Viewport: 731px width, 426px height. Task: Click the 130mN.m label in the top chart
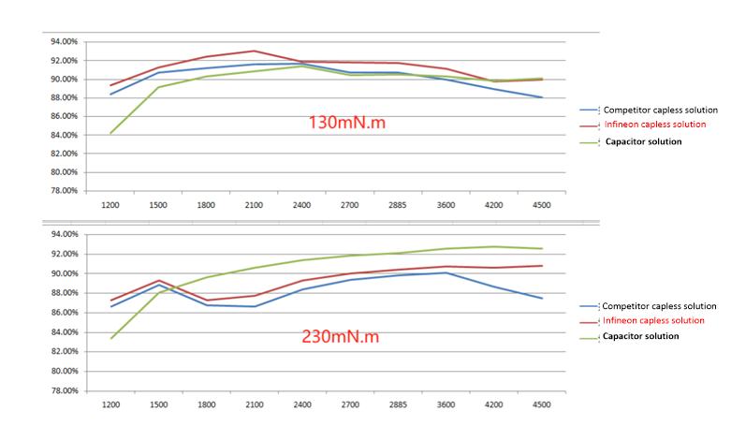pyautogui.click(x=347, y=122)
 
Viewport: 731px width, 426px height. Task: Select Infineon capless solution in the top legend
pyautogui.click(x=655, y=125)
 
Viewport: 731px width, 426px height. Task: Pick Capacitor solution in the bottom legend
pyautogui.click(x=641, y=335)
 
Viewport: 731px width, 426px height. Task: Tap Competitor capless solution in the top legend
pyautogui.click(x=661, y=110)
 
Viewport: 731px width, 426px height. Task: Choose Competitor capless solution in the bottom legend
pyautogui.click(x=659, y=306)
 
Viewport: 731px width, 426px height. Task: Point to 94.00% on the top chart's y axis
pyautogui.click(x=64, y=41)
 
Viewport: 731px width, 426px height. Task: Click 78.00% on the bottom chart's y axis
pyautogui.click(x=64, y=390)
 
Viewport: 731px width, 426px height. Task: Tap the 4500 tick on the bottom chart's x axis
pyautogui.click(x=541, y=404)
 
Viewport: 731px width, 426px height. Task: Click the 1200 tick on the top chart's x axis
pyautogui.click(x=110, y=204)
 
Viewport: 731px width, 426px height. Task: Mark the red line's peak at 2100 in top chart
pyautogui.click(x=254, y=51)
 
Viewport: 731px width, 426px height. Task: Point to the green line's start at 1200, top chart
pyautogui.click(x=110, y=133)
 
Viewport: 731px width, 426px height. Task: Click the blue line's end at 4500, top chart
pyautogui.click(x=541, y=97)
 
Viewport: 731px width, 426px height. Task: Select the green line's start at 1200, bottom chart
pyautogui.click(x=110, y=338)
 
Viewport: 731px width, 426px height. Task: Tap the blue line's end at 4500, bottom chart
pyautogui.click(x=541, y=299)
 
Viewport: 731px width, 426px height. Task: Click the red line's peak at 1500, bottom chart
pyautogui.click(x=158, y=280)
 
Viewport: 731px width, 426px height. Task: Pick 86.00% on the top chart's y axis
pyautogui.click(x=64, y=116)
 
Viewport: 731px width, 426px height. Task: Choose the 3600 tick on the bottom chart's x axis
pyautogui.click(x=445, y=404)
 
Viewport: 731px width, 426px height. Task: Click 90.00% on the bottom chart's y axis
pyautogui.click(x=64, y=273)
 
